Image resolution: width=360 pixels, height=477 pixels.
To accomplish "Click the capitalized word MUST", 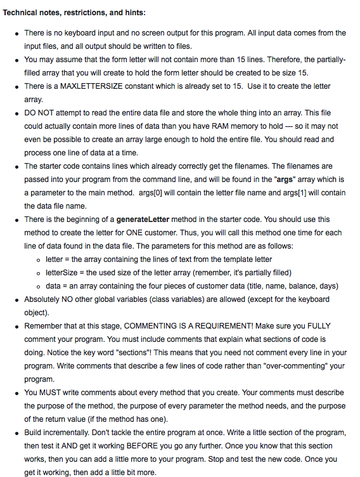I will pyautogui.click(x=51, y=393).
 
